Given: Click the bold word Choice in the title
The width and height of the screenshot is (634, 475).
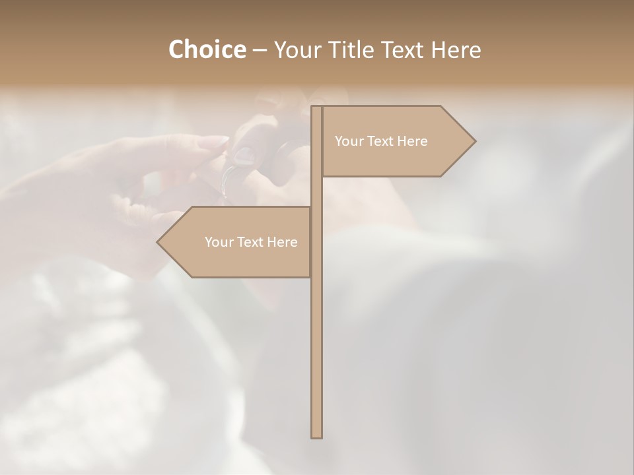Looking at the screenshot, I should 207,49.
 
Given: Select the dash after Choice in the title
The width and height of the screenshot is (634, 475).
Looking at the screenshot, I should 260,50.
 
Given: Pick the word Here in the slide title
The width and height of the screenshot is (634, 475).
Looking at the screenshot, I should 456,49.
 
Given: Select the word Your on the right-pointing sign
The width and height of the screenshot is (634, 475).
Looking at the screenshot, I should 348,141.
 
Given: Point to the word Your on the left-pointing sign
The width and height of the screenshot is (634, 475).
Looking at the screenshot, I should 218,242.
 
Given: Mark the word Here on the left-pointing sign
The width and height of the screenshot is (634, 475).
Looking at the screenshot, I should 282,242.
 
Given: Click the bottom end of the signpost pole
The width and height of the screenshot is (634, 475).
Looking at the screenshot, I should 317,435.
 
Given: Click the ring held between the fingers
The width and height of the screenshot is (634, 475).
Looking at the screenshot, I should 231,178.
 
